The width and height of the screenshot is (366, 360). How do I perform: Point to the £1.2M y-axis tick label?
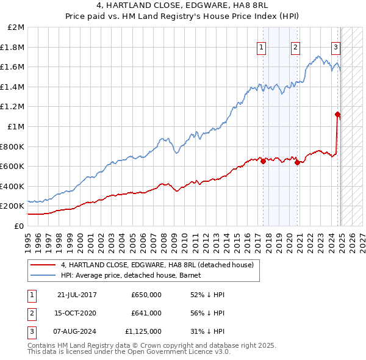[13, 107]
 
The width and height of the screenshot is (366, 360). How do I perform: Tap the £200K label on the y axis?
[12, 206]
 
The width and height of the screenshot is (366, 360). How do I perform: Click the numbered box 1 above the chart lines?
[261, 47]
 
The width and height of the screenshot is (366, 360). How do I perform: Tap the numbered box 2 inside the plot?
[295, 47]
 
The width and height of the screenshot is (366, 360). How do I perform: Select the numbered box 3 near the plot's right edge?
[336, 47]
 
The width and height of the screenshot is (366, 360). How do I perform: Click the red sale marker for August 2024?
[337, 114]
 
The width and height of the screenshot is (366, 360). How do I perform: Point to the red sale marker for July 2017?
[263, 162]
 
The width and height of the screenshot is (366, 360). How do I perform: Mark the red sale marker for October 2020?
[297, 162]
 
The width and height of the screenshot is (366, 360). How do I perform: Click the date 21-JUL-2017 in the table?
[77, 295]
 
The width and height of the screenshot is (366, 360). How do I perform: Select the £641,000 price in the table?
[146, 313]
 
